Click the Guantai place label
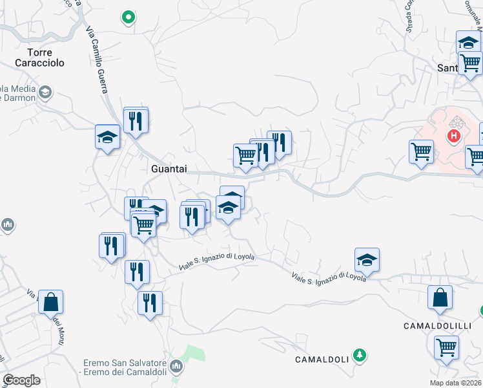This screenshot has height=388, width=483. coord(169,168)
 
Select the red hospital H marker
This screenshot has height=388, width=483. coord(455,136)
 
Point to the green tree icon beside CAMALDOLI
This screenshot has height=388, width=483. coord(360,355)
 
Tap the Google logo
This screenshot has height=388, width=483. coord(21,380)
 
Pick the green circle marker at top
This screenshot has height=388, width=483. coord(128,17)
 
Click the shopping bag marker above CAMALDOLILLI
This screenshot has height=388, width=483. coord(440,298)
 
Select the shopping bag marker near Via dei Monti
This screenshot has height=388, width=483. coord(50,302)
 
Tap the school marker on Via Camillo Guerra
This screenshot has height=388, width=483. coord(108,137)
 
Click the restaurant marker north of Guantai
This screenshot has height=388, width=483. coord(136,120)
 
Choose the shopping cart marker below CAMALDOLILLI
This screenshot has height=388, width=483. coord(446,348)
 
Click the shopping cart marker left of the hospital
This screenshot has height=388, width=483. coord(421,152)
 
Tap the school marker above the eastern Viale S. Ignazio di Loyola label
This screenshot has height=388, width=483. coord(367,260)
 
